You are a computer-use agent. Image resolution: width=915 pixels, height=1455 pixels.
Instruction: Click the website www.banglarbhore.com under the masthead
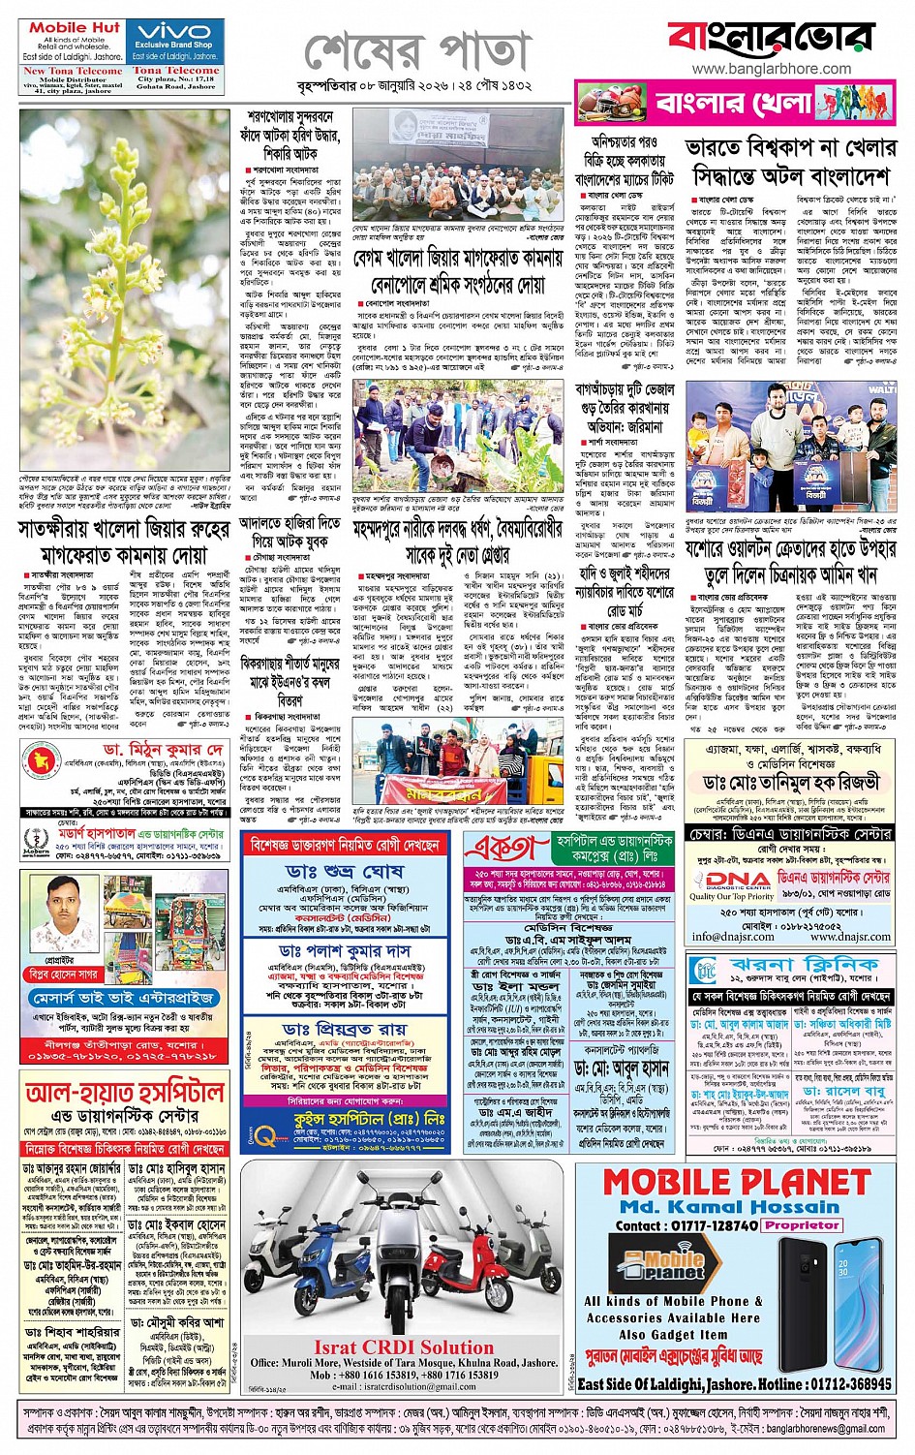(x=758, y=69)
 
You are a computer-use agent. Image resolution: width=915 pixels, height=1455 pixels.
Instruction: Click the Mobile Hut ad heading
(x=75, y=27)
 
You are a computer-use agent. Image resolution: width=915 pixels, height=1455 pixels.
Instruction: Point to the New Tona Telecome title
(x=73, y=71)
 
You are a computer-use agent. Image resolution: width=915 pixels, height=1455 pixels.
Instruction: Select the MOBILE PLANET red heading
(x=737, y=1183)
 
